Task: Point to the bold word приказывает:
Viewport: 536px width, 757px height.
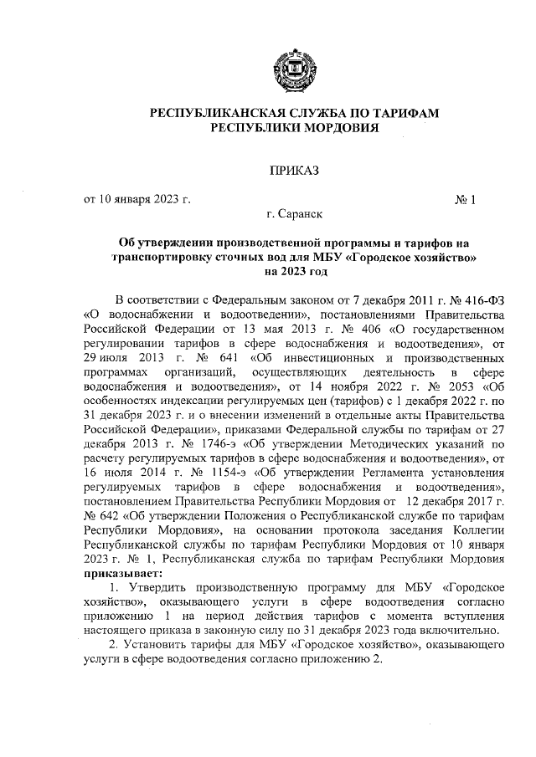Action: coord(122,575)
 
